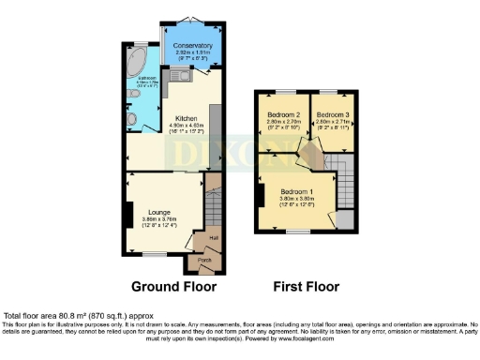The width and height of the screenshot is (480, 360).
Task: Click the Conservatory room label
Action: click(x=191, y=44)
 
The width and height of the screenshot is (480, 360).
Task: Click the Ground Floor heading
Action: click(x=173, y=286)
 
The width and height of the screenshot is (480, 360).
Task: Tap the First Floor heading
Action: click(x=306, y=286)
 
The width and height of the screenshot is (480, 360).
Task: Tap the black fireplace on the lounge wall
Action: click(x=124, y=213)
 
